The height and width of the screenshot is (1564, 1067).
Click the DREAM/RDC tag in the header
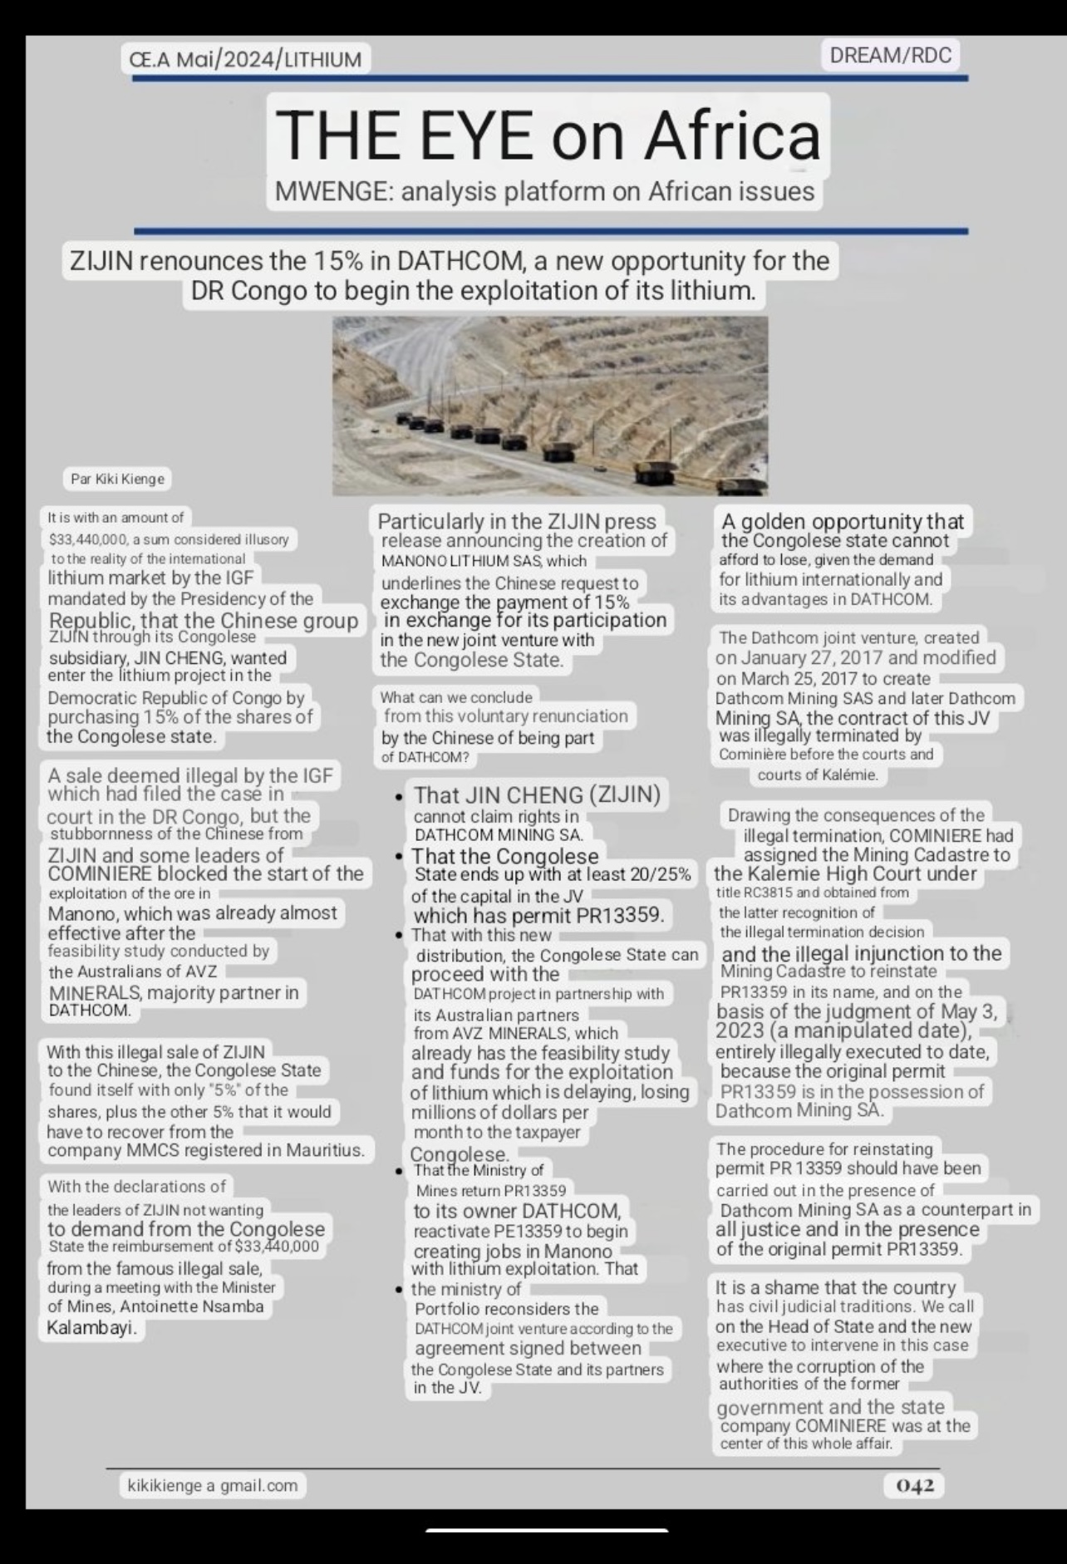[890, 56]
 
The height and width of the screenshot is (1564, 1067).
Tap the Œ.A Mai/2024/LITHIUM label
[245, 59]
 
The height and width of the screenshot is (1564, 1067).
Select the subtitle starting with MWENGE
[544, 192]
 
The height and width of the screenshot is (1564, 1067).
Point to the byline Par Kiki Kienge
[117, 479]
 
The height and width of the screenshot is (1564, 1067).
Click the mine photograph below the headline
[549, 406]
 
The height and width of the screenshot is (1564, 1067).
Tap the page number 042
[914, 1485]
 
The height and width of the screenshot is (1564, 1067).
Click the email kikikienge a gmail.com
[213, 1485]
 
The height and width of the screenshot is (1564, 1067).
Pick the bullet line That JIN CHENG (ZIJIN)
[537, 794]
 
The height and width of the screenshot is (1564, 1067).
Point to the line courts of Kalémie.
[817, 775]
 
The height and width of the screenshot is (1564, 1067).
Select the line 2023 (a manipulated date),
[843, 1030]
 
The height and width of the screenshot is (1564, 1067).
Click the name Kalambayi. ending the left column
[91, 1327]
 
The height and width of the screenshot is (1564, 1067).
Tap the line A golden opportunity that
[843, 521]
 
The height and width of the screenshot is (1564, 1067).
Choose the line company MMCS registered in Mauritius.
[206, 1150]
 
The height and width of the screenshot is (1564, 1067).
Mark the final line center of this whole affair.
[806, 1444]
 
